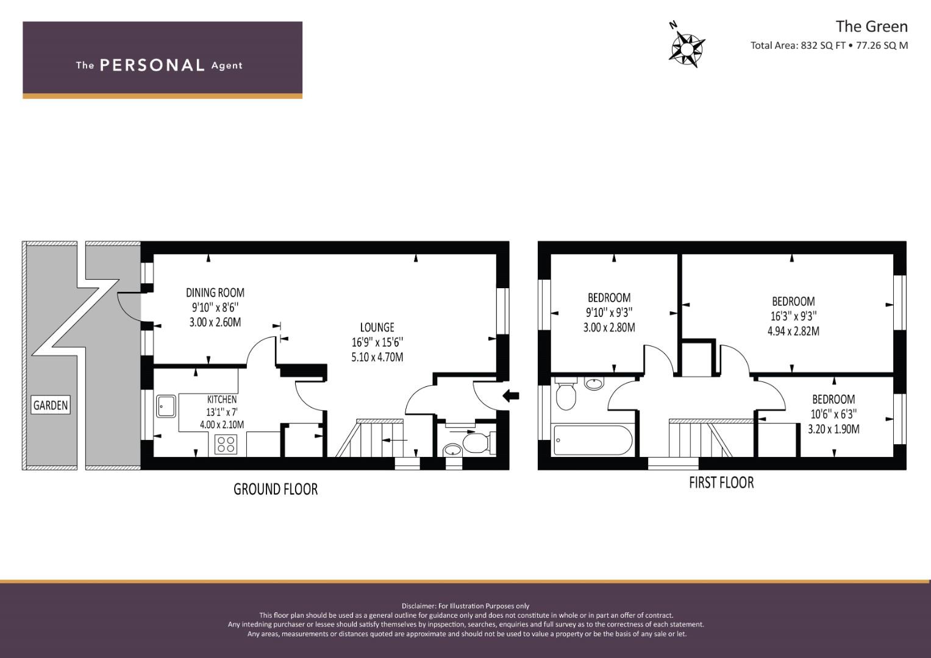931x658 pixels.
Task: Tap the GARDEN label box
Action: tap(51, 405)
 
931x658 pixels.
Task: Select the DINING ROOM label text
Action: tap(215, 293)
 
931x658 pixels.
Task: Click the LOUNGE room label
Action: tap(377, 327)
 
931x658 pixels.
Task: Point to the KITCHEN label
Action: tap(222, 400)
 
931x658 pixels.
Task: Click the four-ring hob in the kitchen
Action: tap(226, 444)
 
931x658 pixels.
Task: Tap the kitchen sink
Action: tap(166, 406)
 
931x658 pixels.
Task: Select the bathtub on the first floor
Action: tap(592, 439)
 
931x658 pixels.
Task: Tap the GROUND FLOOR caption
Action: tap(276, 489)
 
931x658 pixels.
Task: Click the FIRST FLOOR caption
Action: tap(721, 483)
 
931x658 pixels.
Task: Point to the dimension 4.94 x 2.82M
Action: tap(793, 331)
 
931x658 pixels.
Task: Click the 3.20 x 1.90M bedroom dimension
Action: tap(833, 429)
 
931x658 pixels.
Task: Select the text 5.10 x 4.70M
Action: tap(377, 357)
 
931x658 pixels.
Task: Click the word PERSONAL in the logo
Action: tap(152, 65)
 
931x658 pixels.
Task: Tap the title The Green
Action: tap(872, 27)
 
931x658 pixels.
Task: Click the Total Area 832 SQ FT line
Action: tap(829, 46)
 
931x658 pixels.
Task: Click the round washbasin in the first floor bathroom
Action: tap(594, 383)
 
